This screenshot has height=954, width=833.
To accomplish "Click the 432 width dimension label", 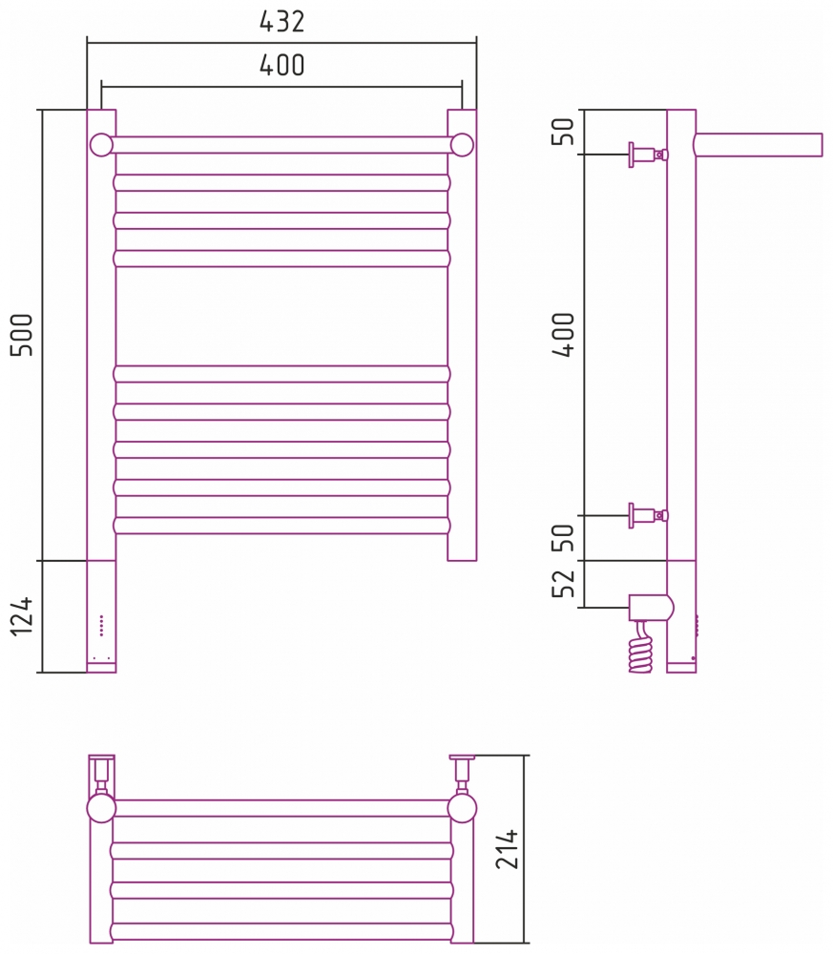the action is coord(281,21).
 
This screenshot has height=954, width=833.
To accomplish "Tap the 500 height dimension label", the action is coord(23,335).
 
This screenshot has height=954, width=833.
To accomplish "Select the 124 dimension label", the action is coord(23,616).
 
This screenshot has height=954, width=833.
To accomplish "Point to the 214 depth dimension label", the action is coord(507,848).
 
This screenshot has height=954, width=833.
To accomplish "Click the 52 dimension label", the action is coord(564,583).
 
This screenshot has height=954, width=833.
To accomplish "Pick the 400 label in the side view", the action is coord(564,335).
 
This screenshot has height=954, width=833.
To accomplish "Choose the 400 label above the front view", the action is coord(281,65).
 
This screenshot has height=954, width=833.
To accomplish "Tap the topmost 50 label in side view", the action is coord(564,132).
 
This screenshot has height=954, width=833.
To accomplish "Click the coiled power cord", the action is coord(640,647).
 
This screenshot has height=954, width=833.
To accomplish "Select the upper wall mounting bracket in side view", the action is coord(649,155).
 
